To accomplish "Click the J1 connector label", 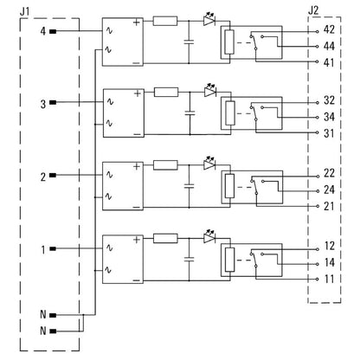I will click(x=24, y=10).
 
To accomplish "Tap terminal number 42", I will click(x=328, y=29).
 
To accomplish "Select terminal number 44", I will click(x=328, y=47).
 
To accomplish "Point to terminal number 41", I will click(x=328, y=63).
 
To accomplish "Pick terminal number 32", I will click(x=328, y=100).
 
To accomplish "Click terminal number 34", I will click(x=328, y=116).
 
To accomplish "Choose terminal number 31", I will click(x=328, y=132).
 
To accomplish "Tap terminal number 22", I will click(x=328, y=173).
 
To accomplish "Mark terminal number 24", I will click(x=328, y=190).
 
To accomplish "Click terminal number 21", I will click(x=328, y=206).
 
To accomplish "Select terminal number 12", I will click(x=328, y=245).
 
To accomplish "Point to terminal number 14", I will click(x=328, y=261).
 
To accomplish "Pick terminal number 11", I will click(x=328, y=279).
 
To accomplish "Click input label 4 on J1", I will click(x=42, y=32).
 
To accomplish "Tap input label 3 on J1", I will click(x=42, y=103).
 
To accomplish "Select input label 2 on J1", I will click(x=42, y=177).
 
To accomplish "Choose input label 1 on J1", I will click(x=42, y=250).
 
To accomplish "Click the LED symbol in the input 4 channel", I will click(x=209, y=20).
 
